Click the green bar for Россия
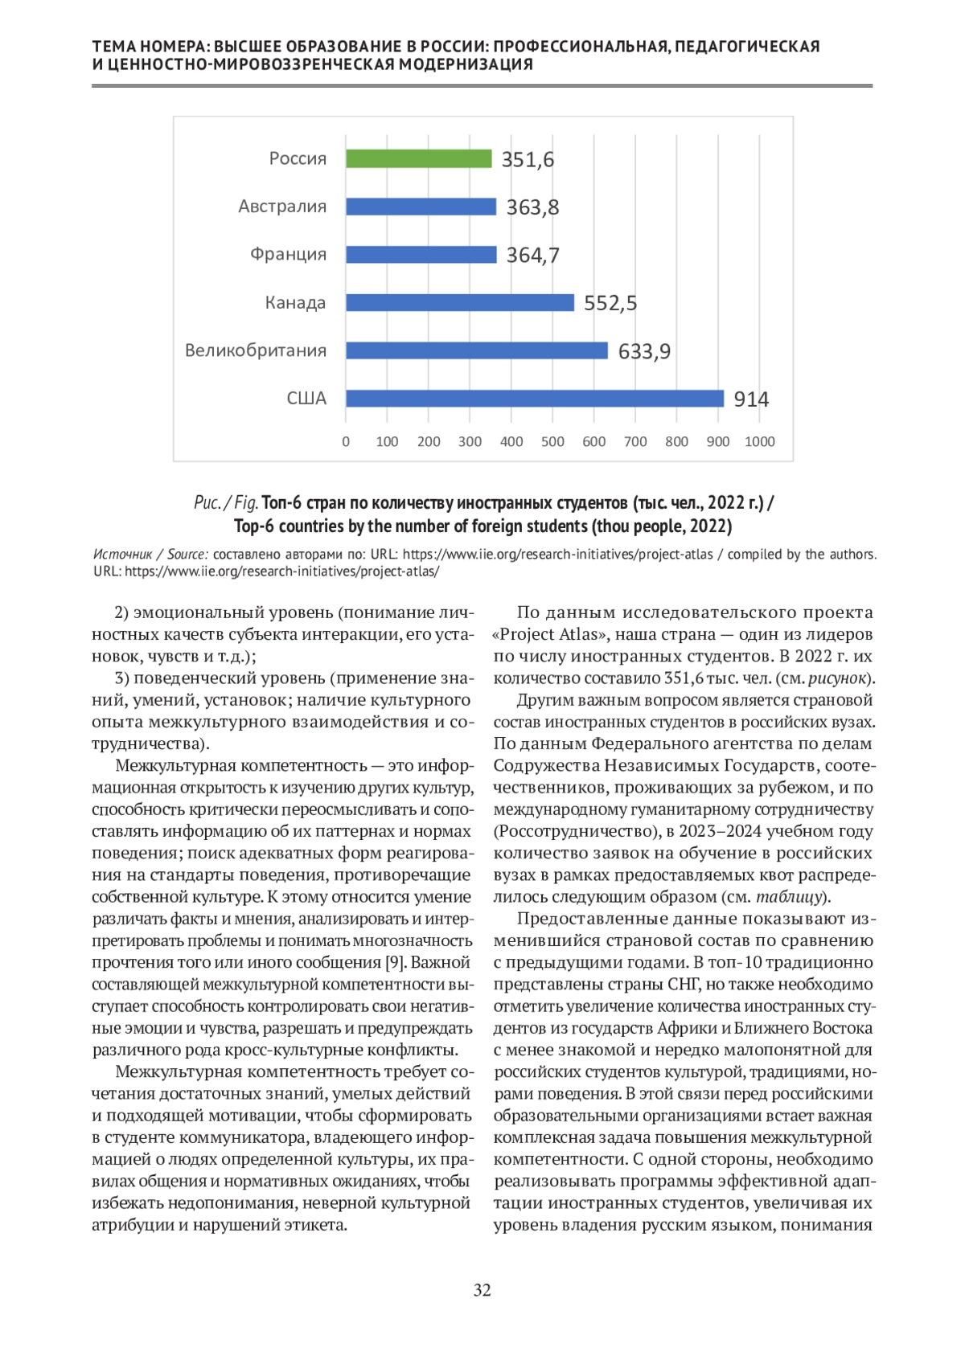[418, 159]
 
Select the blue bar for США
[535, 399]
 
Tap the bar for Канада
[460, 303]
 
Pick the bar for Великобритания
[477, 350]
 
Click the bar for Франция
[421, 255]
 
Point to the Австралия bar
[421, 207]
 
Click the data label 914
[751, 399]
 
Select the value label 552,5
[610, 303]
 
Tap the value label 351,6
[528, 160]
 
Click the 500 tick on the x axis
[552, 441]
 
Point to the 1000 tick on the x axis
[759, 441]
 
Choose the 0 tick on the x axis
[346, 441]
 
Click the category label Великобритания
[256, 350]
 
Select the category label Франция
[288, 255]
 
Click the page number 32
[482, 1290]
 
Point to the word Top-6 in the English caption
[254, 526]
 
